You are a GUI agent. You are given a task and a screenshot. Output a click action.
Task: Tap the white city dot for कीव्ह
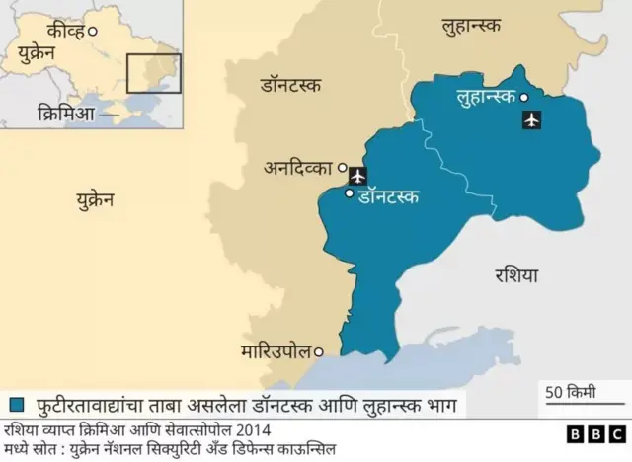pos(93,32)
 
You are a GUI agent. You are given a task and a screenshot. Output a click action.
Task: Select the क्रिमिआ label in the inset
pos(65,114)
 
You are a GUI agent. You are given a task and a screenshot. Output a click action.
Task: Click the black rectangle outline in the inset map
pos(153,73)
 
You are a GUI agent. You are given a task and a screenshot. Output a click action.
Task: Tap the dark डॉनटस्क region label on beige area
pos(289,86)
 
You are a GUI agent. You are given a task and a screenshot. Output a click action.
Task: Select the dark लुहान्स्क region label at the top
pos(479,29)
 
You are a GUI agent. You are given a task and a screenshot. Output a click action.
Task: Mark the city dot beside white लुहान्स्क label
pos(524,97)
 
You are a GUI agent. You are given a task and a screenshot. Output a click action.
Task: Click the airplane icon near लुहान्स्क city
pos(532,120)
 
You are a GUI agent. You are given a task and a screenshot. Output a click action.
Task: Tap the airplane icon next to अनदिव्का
pos(357,176)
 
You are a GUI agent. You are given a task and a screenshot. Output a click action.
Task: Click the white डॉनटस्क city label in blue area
pos(387,196)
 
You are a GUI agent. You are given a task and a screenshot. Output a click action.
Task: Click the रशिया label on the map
pos(516,275)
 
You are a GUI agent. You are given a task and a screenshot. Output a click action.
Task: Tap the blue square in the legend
pos(16,404)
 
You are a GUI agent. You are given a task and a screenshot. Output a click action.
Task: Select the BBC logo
pos(590,434)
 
